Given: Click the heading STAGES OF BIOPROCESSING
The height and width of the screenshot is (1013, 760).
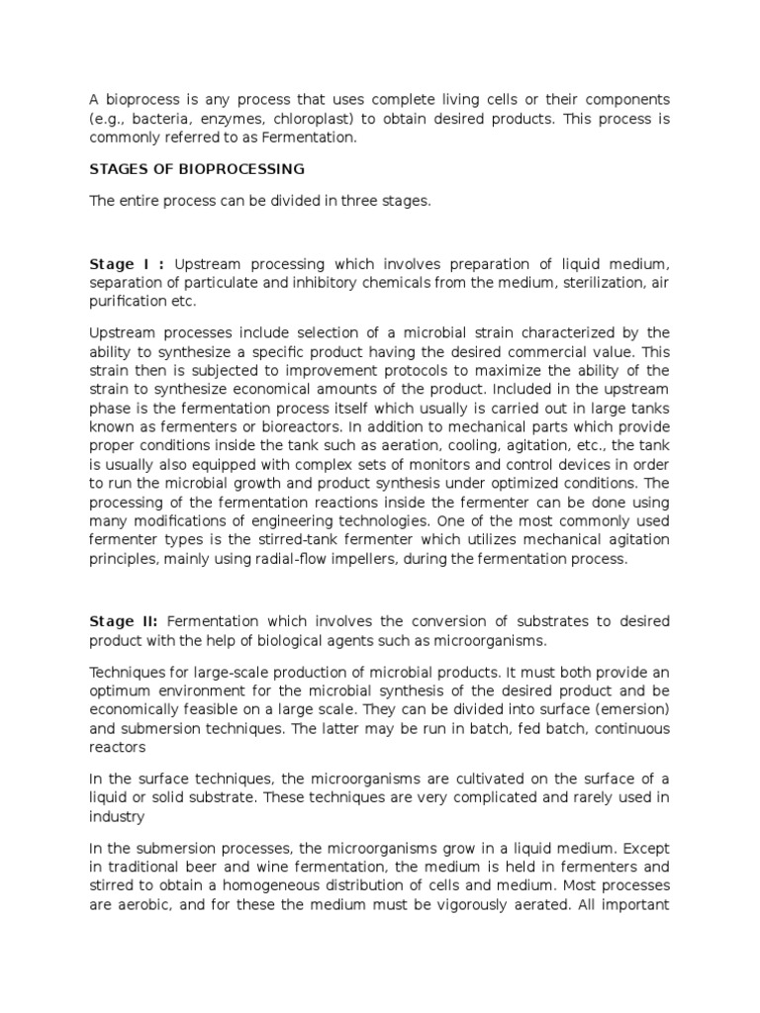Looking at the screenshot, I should click(x=197, y=169).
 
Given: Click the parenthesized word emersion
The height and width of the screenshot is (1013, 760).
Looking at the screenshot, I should click(x=627, y=709).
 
